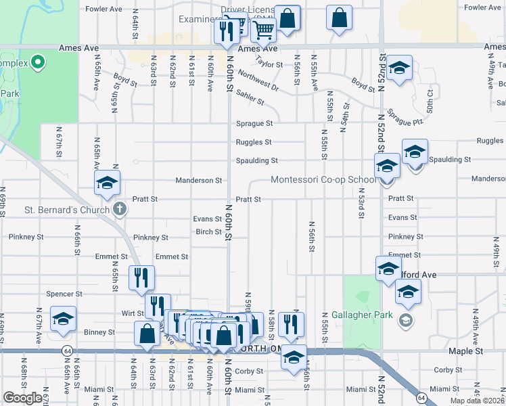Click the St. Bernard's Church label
point(66,209)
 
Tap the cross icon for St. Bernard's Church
point(119,208)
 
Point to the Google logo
point(22,399)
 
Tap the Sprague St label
point(254,124)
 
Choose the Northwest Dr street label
point(258,82)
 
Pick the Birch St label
point(208,231)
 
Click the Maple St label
point(465,352)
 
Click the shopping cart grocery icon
point(262,29)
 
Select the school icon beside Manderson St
point(107,183)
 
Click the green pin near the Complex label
point(38,64)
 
